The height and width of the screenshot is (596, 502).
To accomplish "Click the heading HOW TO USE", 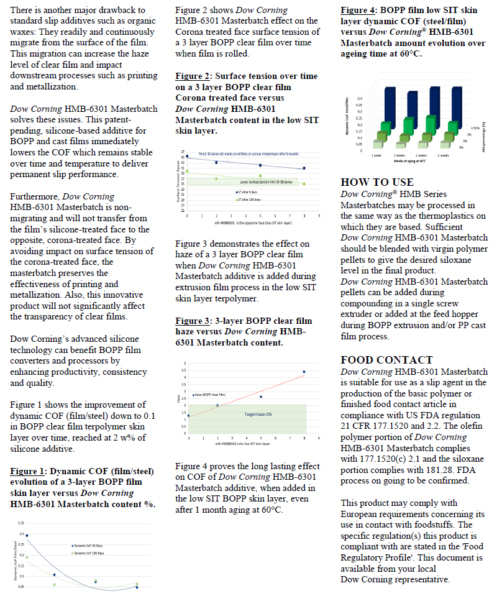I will click(x=376, y=182).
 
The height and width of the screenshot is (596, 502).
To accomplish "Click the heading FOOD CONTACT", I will click(x=386, y=360).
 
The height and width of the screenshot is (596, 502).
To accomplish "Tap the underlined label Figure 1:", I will click(x=29, y=471).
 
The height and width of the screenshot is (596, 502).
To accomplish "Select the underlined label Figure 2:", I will click(x=193, y=76).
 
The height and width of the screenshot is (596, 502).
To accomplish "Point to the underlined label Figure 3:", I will click(x=193, y=321).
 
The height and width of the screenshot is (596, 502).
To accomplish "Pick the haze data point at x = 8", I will click(x=304, y=372).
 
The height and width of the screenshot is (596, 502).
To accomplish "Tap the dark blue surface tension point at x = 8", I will click(x=304, y=168).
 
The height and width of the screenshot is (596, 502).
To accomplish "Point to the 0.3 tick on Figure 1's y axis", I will click(x=22, y=534).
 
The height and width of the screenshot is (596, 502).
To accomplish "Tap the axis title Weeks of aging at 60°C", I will click(x=409, y=161).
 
